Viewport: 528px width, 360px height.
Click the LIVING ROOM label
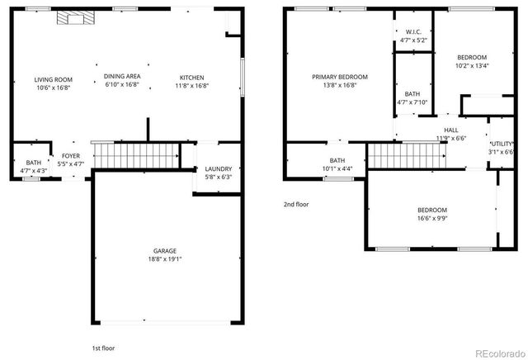tap(49, 79)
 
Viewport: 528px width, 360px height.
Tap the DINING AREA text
tap(121, 76)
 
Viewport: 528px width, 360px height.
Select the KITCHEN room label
tap(191, 79)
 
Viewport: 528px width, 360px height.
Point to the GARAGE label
tap(164, 250)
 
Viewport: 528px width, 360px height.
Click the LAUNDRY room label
tap(218, 168)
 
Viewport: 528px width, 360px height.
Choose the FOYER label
tap(70, 156)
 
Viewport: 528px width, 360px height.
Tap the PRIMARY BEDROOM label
tap(339, 77)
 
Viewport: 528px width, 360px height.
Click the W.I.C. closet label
tap(413, 33)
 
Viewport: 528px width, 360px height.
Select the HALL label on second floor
tap(451, 130)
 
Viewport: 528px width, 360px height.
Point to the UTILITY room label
tap(502, 144)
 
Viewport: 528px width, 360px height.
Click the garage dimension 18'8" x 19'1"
tap(164, 258)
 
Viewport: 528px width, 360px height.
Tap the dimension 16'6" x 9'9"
tap(431, 219)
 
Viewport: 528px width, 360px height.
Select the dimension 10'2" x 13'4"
tap(473, 66)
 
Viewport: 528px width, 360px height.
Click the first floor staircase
tap(136, 154)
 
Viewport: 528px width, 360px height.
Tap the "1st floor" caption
tap(104, 348)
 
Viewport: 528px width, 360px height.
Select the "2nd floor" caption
tap(296, 204)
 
